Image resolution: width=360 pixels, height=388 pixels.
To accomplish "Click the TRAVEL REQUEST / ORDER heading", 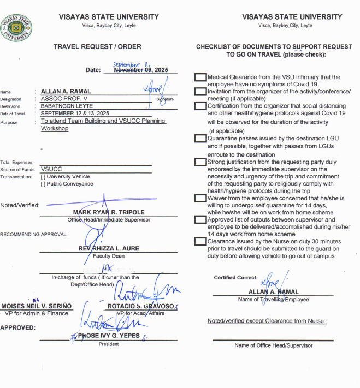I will (x=97, y=47).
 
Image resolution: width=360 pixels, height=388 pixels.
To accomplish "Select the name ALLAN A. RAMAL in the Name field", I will (x=66, y=91).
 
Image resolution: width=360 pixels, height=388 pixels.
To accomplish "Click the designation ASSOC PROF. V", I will (x=64, y=99).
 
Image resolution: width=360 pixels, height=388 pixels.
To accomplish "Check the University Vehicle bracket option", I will (x=43, y=177).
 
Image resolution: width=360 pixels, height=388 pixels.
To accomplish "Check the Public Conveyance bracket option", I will (x=43, y=184).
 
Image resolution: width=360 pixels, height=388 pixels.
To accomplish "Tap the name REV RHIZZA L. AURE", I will (x=109, y=248).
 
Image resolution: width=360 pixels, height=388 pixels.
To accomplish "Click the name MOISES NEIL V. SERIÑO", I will (x=36, y=306).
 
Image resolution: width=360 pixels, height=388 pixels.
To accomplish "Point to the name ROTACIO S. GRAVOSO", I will (x=140, y=306).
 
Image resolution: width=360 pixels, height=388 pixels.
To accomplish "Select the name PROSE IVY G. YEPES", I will (x=109, y=336).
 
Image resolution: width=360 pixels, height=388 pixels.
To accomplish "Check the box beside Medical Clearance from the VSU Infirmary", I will (x=200, y=77).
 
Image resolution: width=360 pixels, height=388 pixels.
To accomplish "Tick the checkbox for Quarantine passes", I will (x=200, y=139).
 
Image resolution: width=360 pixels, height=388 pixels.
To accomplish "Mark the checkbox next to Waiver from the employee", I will (x=200, y=199).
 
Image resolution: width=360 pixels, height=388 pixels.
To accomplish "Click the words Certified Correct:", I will (x=235, y=278).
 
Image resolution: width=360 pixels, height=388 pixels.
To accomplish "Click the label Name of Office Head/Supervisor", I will (x=273, y=345).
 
